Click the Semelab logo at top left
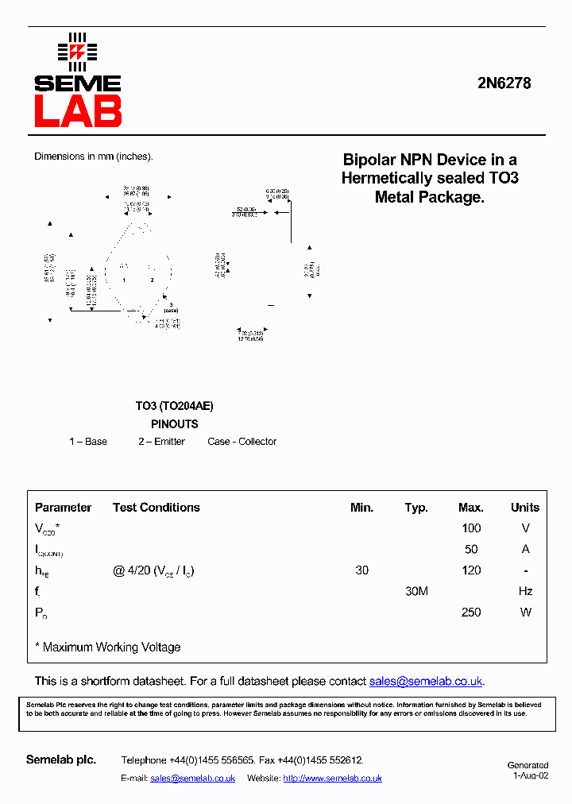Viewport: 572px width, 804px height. (x=77, y=80)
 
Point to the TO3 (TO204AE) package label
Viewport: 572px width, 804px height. (x=174, y=406)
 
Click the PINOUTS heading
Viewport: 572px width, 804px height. (x=174, y=424)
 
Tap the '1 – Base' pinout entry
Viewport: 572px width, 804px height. (x=88, y=442)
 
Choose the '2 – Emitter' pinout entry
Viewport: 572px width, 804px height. (x=161, y=442)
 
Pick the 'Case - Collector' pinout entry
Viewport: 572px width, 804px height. (x=242, y=442)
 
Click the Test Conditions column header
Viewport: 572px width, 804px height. (x=156, y=508)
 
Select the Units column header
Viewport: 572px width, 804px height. (x=524, y=508)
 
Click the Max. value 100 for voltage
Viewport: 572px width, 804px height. (x=471, y=528)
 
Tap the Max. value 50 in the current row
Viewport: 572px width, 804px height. (x=471, y=549)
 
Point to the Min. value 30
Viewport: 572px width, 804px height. (x=361, y=570)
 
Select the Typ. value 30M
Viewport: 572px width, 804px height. (x=416, y=591)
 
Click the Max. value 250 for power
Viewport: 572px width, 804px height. (x=471, y=613)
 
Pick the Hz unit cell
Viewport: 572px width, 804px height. (x=525, y=591)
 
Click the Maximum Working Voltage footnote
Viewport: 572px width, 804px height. (x=108, y=647)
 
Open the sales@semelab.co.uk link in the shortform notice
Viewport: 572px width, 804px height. (x=426, y=682)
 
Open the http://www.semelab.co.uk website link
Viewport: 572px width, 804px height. (x=332, y=779)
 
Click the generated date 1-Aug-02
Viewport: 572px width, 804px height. (x=530, y=775)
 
